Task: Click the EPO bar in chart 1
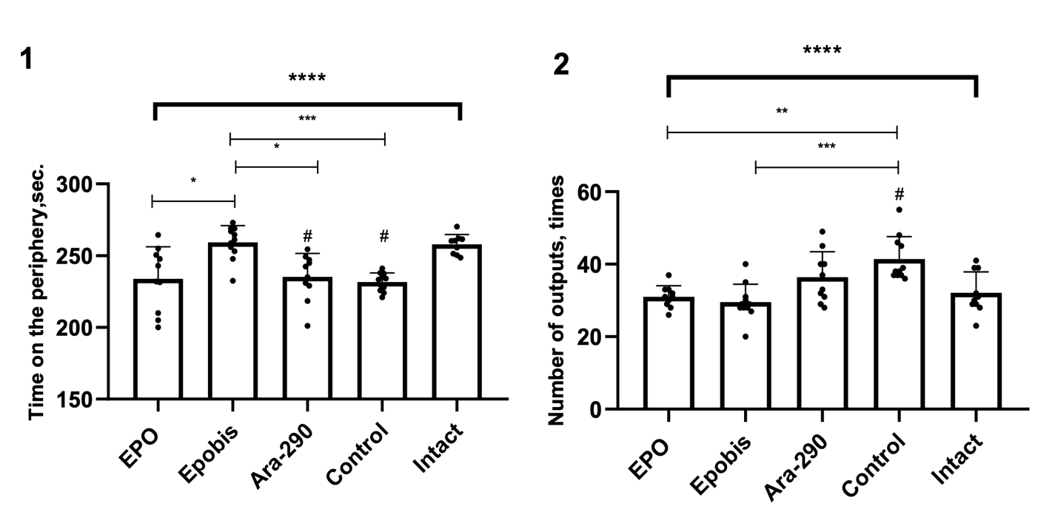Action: tap(158, 340)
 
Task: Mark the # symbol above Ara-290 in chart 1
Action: tap(307, 236)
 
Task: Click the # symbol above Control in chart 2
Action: tap(899, 195)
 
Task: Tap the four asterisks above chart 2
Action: tap(822, 51)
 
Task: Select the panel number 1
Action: tap(27, 59)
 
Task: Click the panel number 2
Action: tap(561, 65)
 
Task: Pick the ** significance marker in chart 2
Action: tap(781, 111)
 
